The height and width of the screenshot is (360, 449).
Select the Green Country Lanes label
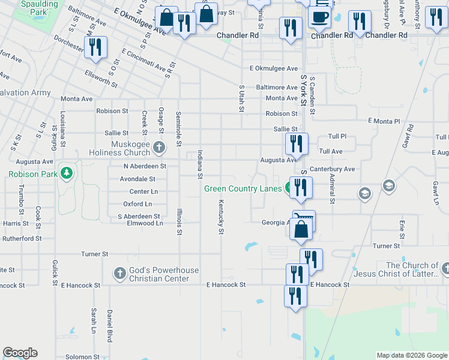[x=243, y=188]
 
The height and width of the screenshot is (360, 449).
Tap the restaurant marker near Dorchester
[x=95, y=48]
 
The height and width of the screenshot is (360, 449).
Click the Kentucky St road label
[x=221, y=217]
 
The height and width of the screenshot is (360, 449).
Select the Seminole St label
[x=179, y=129]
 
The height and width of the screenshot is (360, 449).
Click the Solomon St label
[x=86, y=357]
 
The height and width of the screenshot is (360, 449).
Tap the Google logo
[x=20, y=353]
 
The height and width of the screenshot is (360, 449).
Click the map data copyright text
[x=412, y=355]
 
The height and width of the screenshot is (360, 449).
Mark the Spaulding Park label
[x=39, y=8]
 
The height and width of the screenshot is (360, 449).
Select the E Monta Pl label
[x=381, y=122]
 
